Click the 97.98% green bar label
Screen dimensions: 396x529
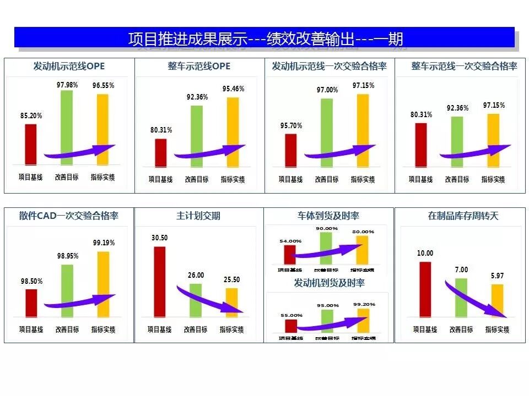(x=67, y=85)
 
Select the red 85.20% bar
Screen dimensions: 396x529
(x=31, y=144)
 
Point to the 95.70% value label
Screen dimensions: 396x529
(x=291, y=125)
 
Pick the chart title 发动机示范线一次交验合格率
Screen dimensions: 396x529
(x=329, y=67)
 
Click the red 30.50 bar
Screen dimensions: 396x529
(x=159, y=282)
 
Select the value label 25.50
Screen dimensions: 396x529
(x=231, y=280)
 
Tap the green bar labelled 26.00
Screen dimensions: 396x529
(x=196, y=300)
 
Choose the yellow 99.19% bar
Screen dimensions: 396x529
(x=103, y=284)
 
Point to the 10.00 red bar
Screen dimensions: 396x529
(x=425, y=289)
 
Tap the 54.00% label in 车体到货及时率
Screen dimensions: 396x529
(x=290, y=241)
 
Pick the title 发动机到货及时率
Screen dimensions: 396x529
(x=329, y=283)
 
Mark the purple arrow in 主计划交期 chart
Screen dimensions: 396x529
(x=210, y=299)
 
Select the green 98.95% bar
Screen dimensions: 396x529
(x=67, y=290)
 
